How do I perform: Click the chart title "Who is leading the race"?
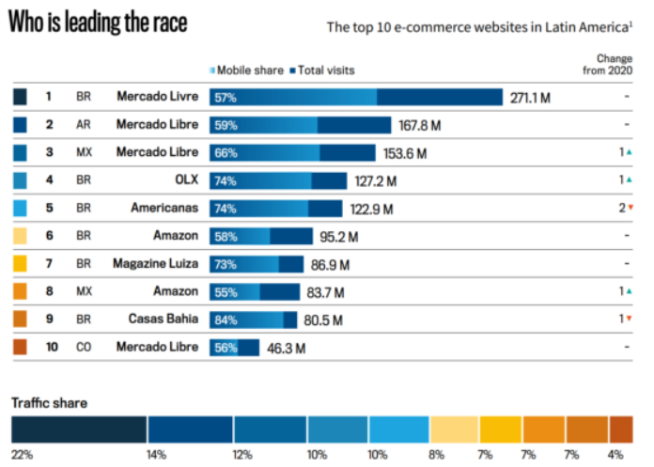[x=98, y=24]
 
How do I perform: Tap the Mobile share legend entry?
[x=248, y=70]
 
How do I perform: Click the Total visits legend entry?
[x=322, y=70]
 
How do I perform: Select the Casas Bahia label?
[x=163, y=319]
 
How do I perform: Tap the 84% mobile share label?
[x=226, y=319]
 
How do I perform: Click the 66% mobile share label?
[x=226, y=153]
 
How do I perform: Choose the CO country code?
[x=84, y=348]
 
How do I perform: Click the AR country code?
[x=84, y=125]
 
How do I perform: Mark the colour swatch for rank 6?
[x=21, y=236]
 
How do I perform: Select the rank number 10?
[x=53, y=348]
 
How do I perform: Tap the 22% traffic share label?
[x=22, y=455]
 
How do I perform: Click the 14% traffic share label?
[x=155, y=455]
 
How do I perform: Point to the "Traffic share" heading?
[x=49, y=403]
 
